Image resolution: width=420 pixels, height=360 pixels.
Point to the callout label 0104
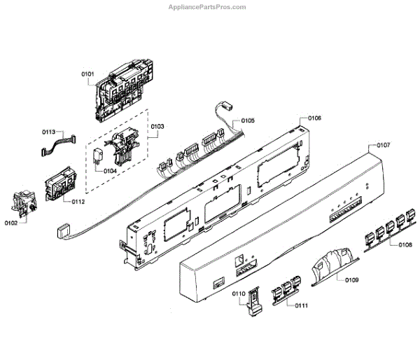point(110,171)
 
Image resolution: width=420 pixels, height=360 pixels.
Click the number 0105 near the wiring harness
point(248,121)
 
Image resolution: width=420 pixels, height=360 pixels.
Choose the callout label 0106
point(314,118)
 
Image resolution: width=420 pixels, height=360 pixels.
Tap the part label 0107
point(383,146)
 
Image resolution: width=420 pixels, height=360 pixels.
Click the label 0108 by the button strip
point(405,245)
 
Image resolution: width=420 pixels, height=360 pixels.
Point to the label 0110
point(238,293)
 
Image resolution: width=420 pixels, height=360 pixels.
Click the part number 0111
point(302,306)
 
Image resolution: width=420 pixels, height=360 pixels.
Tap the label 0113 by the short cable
point(48,132)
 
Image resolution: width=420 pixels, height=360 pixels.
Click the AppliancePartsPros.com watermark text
point(207,7)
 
